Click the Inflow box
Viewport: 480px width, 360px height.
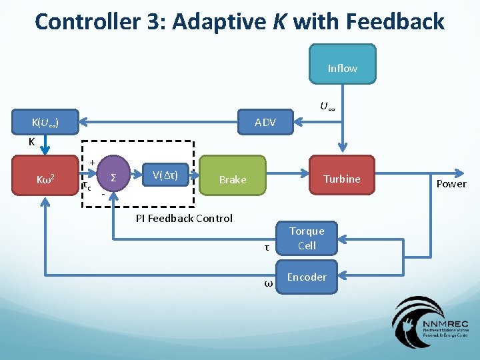pyautogui.click(x=342, y=68)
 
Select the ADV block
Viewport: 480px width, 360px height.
pyautogui.click(x=265, y=122)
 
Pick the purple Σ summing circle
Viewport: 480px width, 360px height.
pyautogui.click(x=114, y=177)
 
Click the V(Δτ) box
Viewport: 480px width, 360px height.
pyautogui.click(x=164, y=175)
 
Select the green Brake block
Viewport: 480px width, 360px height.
pyautogui.click(x=233, y=179)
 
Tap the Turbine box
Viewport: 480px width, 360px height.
pyautogui.click(x=341, y=179)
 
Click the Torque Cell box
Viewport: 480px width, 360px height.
pyautogui.click(x=307, y=238)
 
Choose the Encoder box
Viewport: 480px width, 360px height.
pyautogui.click(x=307, y=277)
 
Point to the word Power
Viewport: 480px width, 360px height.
pyautogui.click(x=451, y=184)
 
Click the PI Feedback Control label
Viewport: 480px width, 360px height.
pyautogui.click(x=184, y=218)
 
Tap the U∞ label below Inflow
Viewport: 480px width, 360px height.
pyautogui.click(x=327, y=106)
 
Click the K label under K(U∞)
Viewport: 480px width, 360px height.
pyautogui.click(x=31, y=142)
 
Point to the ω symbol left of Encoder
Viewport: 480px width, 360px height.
pyautogui.click(x=268, y=283)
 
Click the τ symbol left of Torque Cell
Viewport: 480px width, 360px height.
pyautogui.click(x=267, y=247)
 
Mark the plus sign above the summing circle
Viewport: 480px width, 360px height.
pyautogui.click(x=91, y=163)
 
